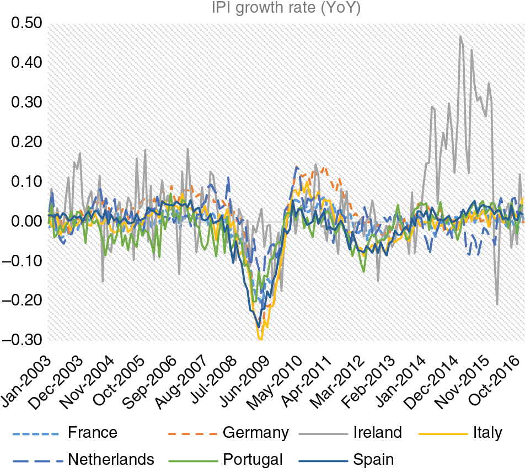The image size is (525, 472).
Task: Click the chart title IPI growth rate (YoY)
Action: tap(286, 8)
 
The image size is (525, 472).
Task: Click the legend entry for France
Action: tap(93, 433)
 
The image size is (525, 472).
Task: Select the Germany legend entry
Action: tap(255, 433)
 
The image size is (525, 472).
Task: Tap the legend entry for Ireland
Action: tap(377, 433)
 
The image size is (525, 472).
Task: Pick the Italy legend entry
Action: tap(487, 433)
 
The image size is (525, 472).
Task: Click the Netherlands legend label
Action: tap(111, 459)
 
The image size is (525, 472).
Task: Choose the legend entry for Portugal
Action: tap(253, 459)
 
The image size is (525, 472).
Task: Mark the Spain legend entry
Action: tap(373, 459)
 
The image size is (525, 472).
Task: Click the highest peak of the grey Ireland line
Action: tap(460, 37)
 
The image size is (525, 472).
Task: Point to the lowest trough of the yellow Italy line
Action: tap(260, 339)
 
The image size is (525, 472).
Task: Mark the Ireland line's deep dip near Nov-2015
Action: tap(497, 304)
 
